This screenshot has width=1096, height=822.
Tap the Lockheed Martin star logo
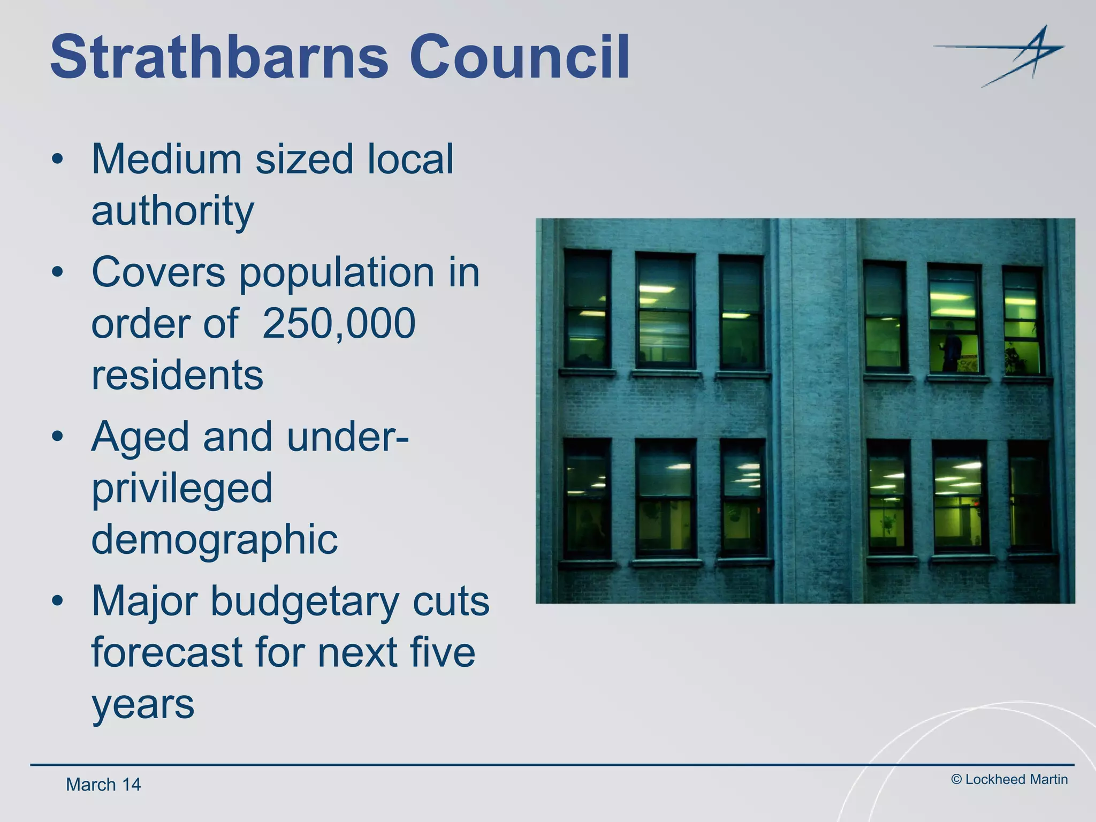click(1006, 56)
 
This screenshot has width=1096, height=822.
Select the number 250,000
click(339, 323)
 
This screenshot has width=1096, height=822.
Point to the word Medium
click(166, 159)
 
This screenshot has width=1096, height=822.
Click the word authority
click(172, 211)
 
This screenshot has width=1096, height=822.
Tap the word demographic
click(214, 539)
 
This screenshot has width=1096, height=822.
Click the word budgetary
click(305, 600)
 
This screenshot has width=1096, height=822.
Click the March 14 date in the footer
click(103, 785)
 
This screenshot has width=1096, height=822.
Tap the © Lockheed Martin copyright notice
click(1009, 779)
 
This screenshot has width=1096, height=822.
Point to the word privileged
click(182, 488)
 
